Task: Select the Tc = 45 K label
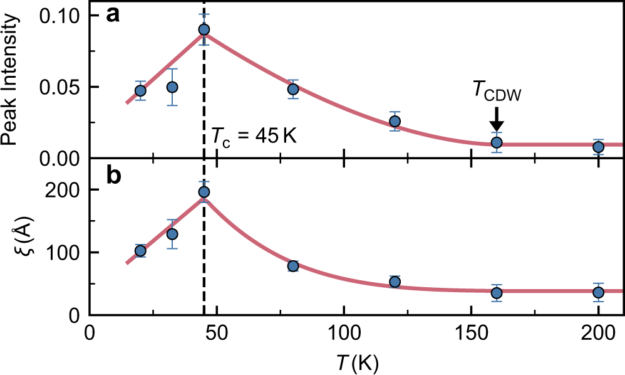tap(252, 137)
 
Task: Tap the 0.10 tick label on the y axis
tap(61, 16)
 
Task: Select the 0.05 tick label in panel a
tap(61, 87)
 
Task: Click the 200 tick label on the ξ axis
tap(65, 189)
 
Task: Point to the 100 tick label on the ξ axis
tap(65, 252)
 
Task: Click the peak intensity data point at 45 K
tap(204, 29)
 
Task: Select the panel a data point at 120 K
tap(395, 121)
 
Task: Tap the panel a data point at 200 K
tap(598, 147)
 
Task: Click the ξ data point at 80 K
tap(292, 266)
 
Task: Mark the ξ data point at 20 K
tap(140, 251)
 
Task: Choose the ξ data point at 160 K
tap(497, 293)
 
